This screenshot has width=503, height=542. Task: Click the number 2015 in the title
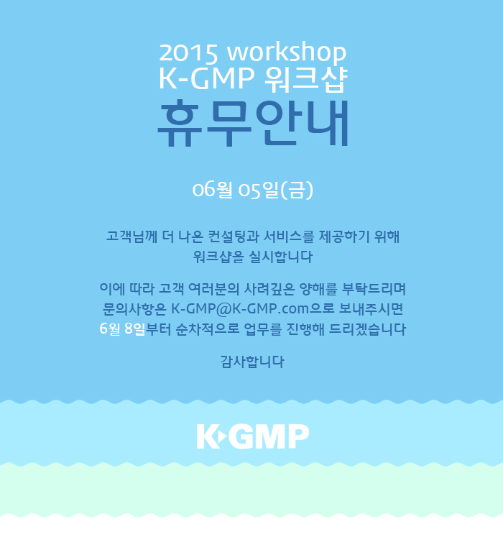point(188,52)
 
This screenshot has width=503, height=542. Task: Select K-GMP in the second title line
point(206,78)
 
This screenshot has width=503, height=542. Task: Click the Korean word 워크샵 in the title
point(305,79)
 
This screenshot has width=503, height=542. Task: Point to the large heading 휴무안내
point(253,123)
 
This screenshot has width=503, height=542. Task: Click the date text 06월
point(212,190)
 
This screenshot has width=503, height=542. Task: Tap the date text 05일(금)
point(276,190)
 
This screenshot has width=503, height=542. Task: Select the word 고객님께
point(131,236)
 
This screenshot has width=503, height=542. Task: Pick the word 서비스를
point(289,236)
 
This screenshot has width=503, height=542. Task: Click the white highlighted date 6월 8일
point(122,329)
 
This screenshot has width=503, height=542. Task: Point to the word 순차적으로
point(207,329)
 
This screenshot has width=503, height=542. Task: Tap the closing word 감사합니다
point(252,362)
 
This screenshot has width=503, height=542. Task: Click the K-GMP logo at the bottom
point(253,436)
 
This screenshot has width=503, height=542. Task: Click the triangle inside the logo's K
point(223,436)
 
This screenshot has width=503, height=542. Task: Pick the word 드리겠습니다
point(367,329)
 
